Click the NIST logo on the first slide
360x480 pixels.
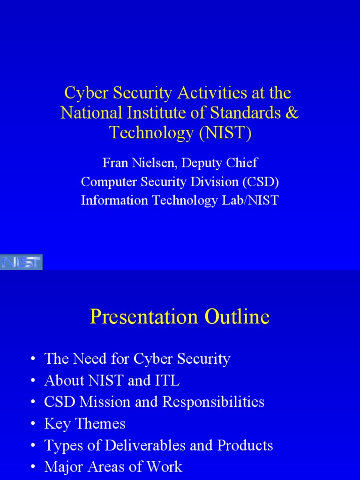click(21, 262)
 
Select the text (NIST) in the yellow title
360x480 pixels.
click(225, 133)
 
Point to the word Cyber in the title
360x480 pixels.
click(82, 93)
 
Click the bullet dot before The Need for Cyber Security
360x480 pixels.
click(32, 360)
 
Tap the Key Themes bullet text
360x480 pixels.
click(85, 424)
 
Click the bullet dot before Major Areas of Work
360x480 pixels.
click(32, 467)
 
